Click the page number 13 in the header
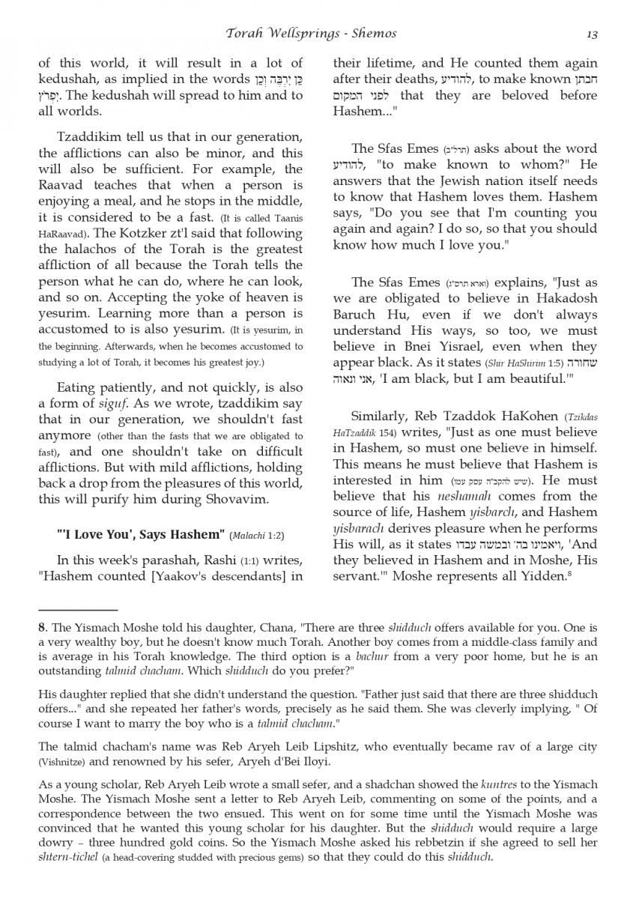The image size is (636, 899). click(x=592, y=34)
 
